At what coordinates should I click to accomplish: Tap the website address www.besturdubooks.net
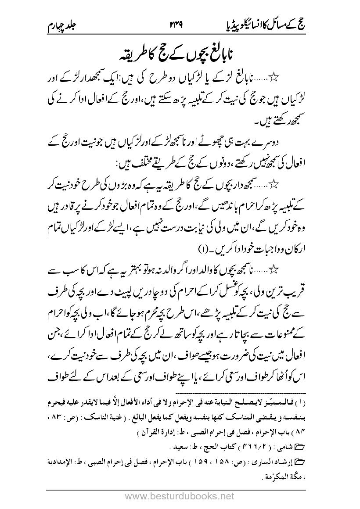coord(180,496)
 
